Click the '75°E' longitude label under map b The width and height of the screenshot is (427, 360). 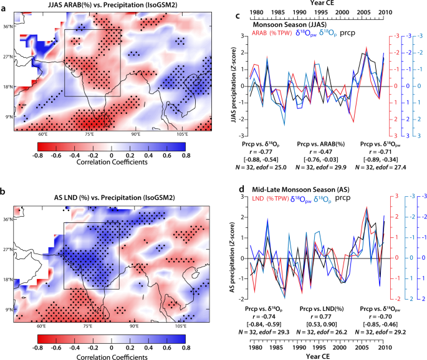[88, 326]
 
